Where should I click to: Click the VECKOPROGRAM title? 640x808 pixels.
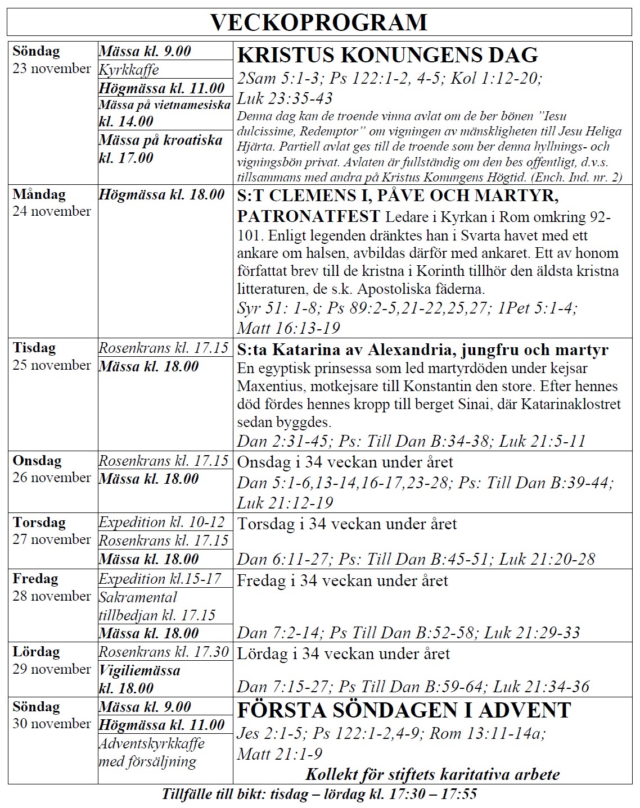coord(319,22)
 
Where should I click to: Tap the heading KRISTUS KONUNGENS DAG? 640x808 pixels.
coord(387,55)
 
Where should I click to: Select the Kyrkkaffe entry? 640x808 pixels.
coord(129,70)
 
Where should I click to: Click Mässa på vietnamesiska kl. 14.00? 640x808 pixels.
coord(164,113)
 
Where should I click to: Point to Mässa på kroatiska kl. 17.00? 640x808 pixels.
coord(160,148)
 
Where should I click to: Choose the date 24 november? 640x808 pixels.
coord(52,211)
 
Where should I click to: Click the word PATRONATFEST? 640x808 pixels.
coord(308,216)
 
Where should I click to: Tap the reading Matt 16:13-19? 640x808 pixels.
coord(289,328)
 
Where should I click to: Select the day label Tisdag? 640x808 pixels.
coord(34,348)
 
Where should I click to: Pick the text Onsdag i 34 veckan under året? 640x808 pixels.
coord(345,462)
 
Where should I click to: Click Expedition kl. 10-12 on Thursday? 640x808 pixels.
coord(161,522)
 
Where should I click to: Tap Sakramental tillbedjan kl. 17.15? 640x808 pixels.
coord(157,606)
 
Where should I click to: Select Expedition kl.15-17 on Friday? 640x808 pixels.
coord(160,579)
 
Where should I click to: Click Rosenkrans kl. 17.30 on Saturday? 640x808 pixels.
coord(164,652)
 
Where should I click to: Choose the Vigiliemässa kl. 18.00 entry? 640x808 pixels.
coord(139,679)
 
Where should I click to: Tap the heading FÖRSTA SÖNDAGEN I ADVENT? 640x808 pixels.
coord(404,710)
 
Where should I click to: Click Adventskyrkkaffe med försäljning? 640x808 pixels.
coord(151,752)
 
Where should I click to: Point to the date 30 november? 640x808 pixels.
coord(52,724)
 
